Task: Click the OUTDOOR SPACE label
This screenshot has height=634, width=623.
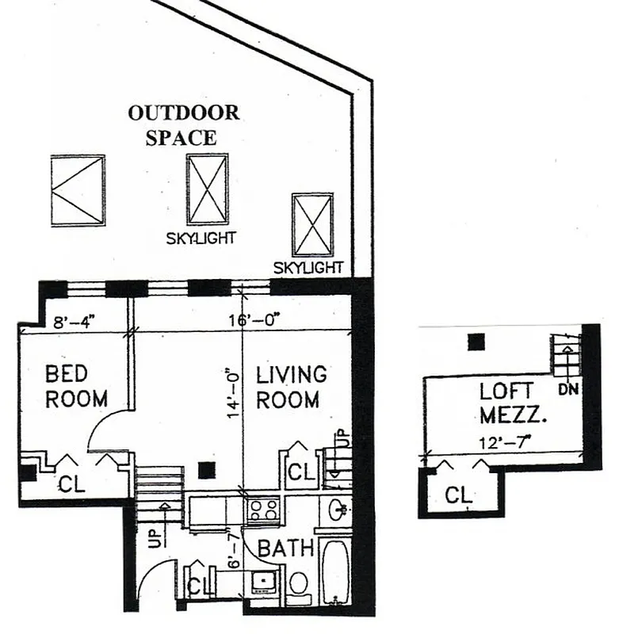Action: tap(183, 124)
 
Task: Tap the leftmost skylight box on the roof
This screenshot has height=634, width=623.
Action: tap(78, 190)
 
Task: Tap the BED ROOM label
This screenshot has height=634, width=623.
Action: tap(76, 386)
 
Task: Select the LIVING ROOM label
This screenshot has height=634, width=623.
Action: tap(291, 386)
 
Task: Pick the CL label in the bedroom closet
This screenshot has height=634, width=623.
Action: tap(73, 483)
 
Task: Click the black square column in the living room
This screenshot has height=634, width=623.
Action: tap(206, 470)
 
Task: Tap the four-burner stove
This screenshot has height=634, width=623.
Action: tap(262, 510)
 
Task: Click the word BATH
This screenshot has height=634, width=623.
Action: tap(286, 548)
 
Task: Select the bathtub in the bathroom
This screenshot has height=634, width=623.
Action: tap(336, 572)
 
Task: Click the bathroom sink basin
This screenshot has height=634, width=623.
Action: tap(335, 510)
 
